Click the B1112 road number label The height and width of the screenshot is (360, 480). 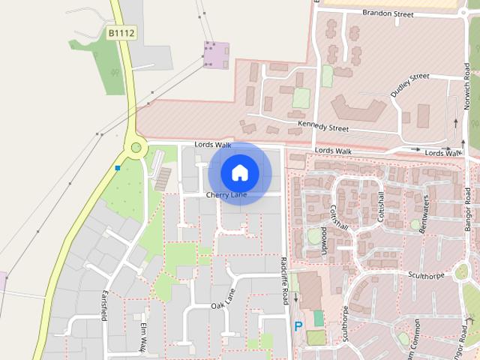pos(120,34)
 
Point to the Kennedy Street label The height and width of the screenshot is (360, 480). pos(323,126)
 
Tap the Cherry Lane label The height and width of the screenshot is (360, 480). pos(226,195)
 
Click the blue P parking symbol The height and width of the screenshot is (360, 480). pos(298,326)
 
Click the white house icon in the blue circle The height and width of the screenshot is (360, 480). pos(239,172)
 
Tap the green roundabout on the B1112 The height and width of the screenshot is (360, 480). pos(136,148)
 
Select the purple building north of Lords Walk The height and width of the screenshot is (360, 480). pos(216,53)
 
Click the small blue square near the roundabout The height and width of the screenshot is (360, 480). pos(118,167)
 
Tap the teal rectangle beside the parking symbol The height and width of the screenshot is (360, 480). pos(319,318)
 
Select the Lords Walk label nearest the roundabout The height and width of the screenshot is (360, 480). pos(213,144)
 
